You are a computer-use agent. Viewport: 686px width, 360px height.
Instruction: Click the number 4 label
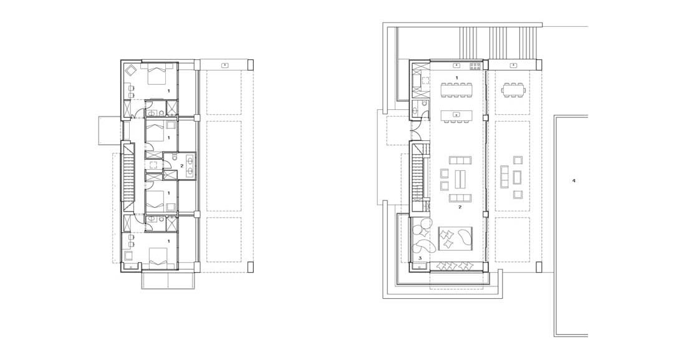point(574,180)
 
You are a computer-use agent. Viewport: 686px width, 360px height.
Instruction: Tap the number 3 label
point(420,258)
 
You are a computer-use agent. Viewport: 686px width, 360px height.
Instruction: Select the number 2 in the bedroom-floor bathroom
point(181,165)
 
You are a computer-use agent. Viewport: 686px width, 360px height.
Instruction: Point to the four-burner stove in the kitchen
point(475,67)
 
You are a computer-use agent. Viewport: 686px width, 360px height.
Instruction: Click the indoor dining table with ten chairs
point(457,90)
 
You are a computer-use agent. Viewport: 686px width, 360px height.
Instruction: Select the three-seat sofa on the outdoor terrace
point(504,177)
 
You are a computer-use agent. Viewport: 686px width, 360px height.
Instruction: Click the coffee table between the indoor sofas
point(460,178)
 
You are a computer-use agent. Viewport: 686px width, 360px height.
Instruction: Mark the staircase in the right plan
point(417,172)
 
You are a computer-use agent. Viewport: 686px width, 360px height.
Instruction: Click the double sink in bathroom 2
point(191,165)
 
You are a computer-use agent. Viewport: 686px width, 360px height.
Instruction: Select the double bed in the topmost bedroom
point(156,74)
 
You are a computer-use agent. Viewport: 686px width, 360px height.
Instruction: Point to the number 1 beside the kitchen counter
point(457,77)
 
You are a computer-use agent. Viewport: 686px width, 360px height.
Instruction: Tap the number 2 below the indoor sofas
point(460,207)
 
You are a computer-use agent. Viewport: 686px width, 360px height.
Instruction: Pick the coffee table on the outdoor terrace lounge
point(517,177)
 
